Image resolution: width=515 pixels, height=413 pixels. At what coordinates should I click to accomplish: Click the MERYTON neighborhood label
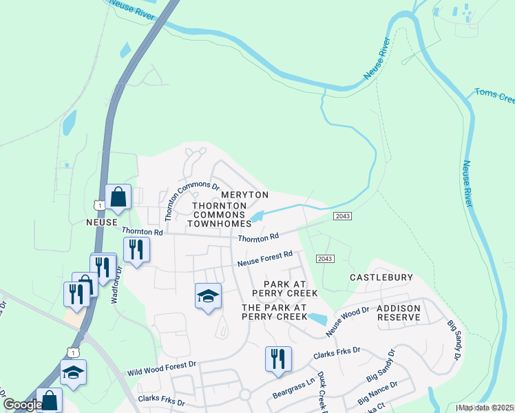244,195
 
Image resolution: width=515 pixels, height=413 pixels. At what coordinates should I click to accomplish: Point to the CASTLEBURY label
381,277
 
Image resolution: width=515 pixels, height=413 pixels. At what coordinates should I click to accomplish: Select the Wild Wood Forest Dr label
162,368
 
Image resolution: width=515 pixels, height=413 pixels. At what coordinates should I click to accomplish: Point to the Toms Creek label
494,96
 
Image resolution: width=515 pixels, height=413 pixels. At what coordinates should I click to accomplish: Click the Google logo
22,405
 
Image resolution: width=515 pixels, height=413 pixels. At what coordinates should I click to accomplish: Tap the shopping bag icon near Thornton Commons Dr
118,196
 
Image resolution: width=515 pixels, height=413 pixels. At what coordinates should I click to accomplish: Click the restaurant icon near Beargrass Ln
278,359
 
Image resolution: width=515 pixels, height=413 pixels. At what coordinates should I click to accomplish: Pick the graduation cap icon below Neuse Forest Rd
208,296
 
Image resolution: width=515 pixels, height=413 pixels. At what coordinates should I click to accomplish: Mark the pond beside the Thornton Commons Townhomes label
257,217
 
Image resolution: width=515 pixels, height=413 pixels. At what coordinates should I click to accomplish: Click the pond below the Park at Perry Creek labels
317,319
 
